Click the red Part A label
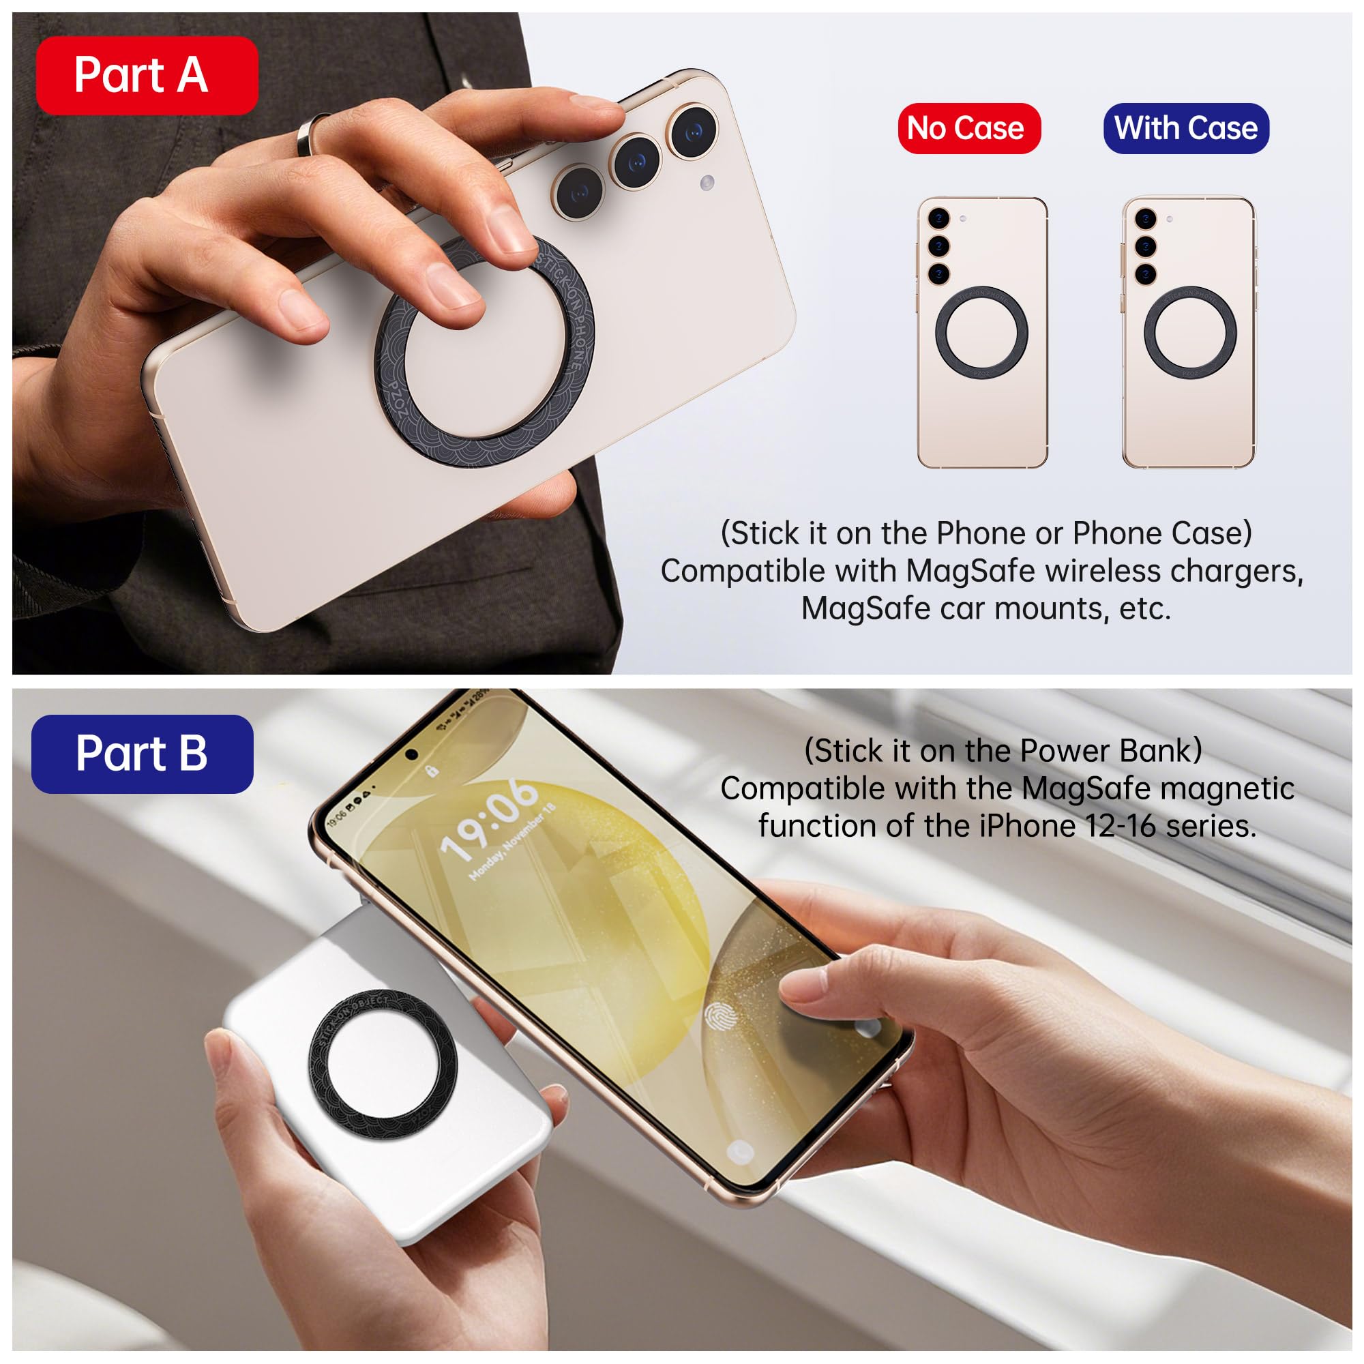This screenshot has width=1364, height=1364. tap(147, 76)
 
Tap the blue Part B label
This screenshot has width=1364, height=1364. tap(142, 754)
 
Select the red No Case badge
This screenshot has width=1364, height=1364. tap(968, 128)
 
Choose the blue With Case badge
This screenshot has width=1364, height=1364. tap(1186, 128)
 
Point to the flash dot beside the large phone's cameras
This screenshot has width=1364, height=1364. tap(707, 183)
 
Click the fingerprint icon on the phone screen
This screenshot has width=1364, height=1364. tap(721, 1017)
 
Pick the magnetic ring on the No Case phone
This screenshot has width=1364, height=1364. tap(981, 332)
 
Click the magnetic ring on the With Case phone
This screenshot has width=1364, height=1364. tap(1189, 332)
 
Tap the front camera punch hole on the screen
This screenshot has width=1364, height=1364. tap(411, 755)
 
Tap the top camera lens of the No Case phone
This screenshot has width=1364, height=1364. tap(938, 218)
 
